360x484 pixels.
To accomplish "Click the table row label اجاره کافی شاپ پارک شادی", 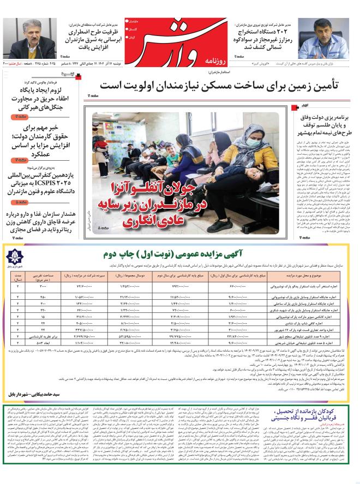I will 309,323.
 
